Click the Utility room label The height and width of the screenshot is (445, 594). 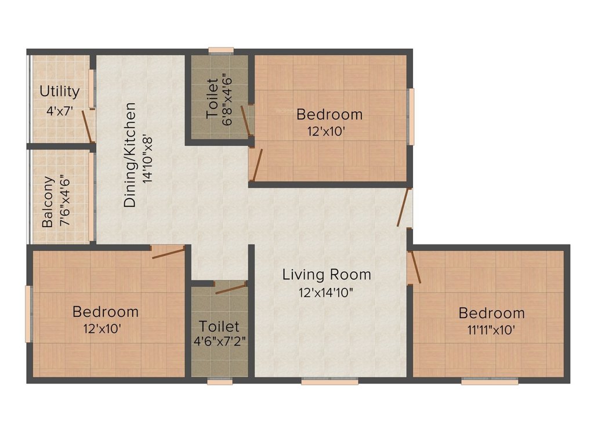tap(59, 92)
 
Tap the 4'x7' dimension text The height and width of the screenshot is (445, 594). tap(59, 110)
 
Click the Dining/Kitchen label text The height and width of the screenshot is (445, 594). tap(131, 155)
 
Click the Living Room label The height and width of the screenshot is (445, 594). tap(327, 274)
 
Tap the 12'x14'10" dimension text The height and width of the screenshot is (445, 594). tap(327, 293)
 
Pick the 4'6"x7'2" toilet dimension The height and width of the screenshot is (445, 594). tap(220, 341)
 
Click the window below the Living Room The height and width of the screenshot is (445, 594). tap(329, 381)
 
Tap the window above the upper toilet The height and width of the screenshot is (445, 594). tap(221, 50)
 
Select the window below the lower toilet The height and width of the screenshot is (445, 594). tap(220, 381)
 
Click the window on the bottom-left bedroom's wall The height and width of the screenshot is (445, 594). tap(28, 313)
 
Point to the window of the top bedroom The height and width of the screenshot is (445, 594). tap(411, 116)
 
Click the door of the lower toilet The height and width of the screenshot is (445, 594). tap(230, 287)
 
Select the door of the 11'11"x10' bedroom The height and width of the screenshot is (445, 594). tap(414, 267)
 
